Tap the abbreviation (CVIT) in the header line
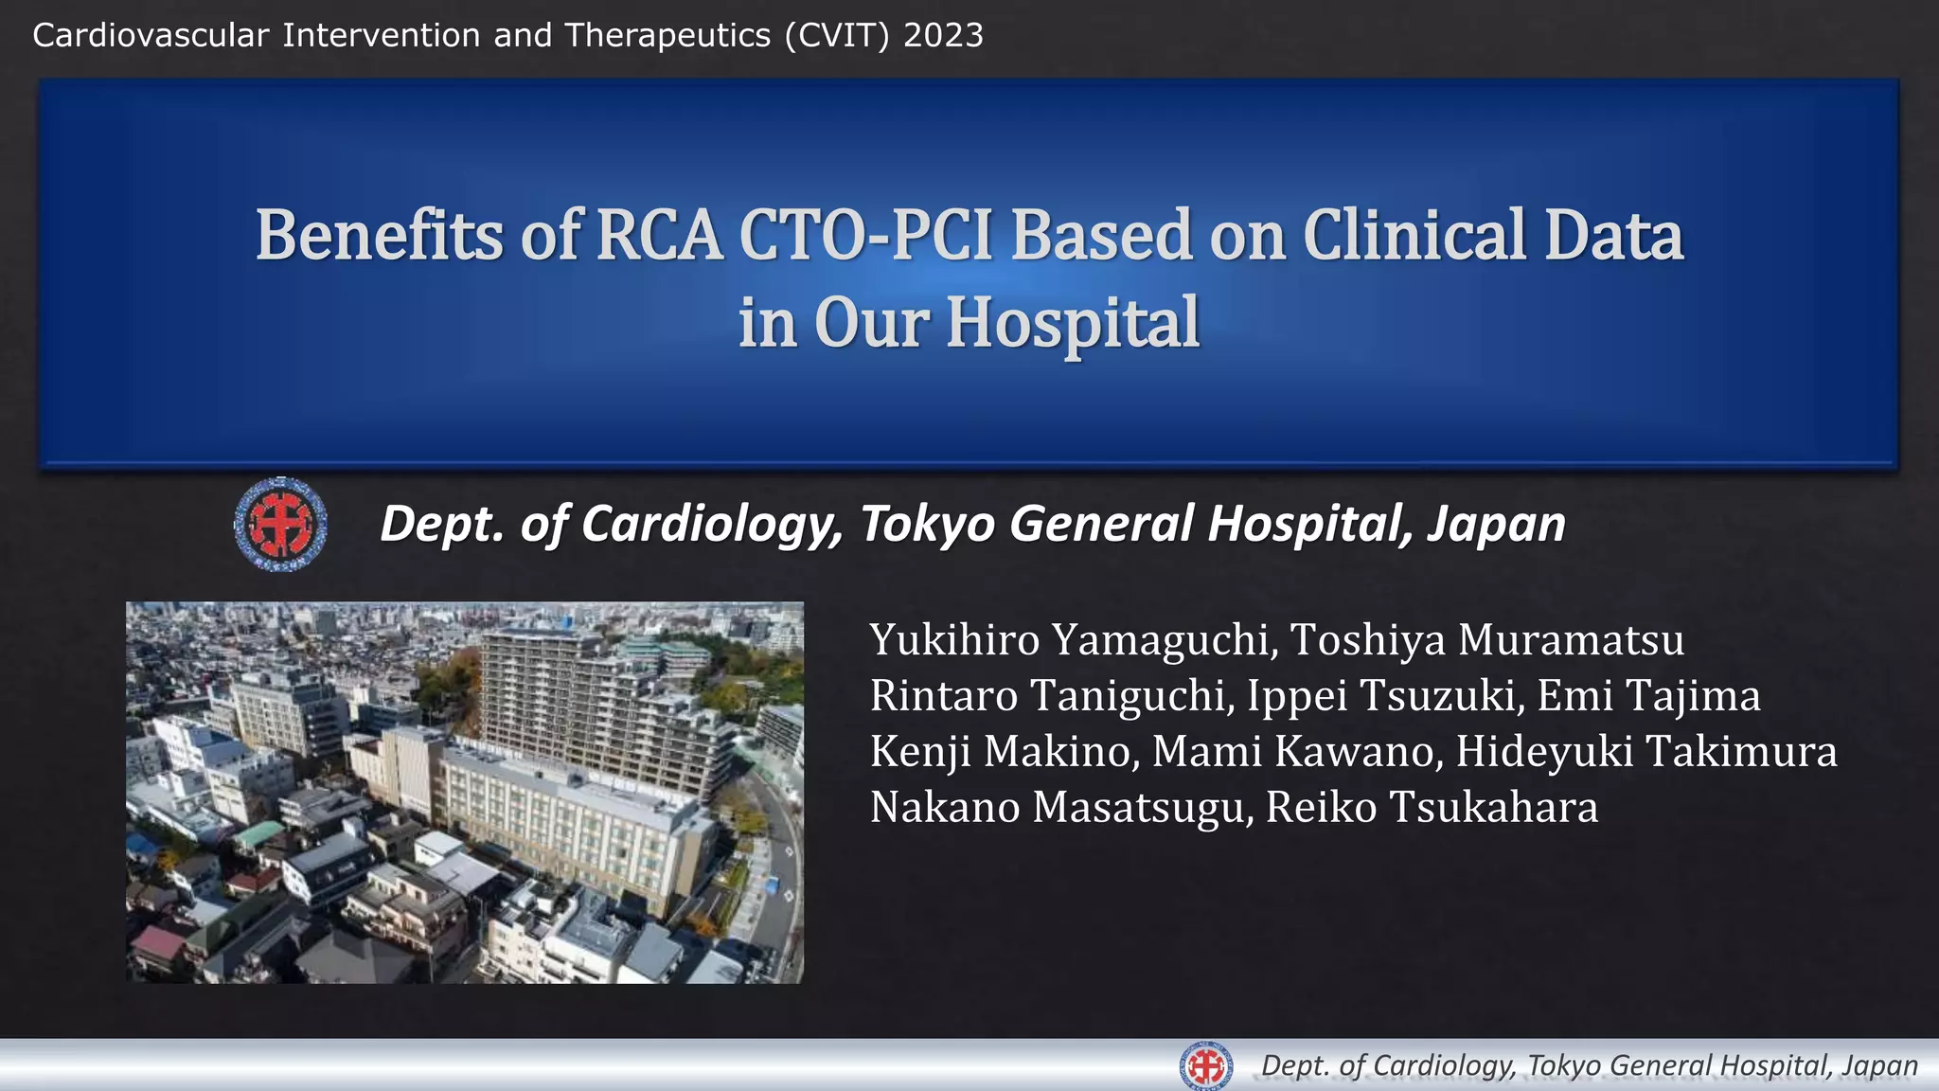(x=837, y=36)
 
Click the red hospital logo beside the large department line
(x=280, y=524)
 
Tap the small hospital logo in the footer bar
(x=1206, y=1066)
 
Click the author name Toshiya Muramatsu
(x=1487, y=640)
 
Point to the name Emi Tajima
(x=1648, y=696)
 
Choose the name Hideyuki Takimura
(x=1646, y=752)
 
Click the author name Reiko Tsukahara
(x=1432, y=808)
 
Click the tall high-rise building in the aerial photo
(x=578, y=701)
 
